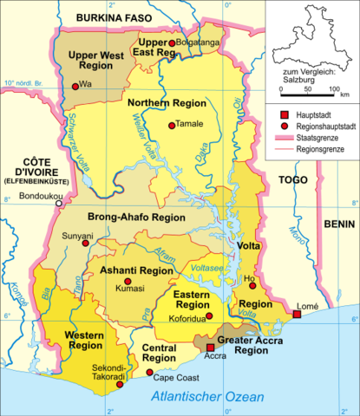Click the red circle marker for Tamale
click(172, 125)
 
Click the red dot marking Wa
click(75, 84)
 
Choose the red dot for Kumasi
click(128, 282)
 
